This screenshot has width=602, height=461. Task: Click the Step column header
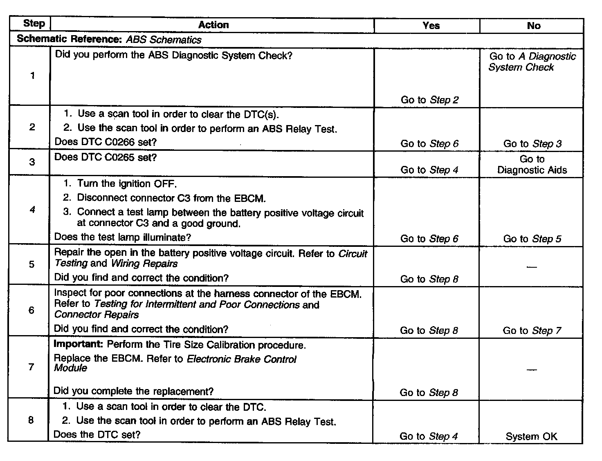[34, 23]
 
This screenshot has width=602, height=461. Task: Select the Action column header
[213, 25]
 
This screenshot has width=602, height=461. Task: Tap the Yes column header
[431, 26]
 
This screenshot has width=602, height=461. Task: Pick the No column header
[534, 26]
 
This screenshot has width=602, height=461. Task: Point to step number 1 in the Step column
[32, 76]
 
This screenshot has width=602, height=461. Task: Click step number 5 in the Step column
[31, 264]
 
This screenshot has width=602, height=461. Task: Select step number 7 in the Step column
[31, 367]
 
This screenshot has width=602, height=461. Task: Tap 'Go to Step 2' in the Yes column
[429, 100]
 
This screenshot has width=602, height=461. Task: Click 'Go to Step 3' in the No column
[532, 144]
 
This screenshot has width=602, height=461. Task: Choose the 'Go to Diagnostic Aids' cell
[532, 165]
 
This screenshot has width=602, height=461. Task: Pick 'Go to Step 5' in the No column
[532, 239]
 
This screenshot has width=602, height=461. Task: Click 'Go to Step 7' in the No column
[532, 331]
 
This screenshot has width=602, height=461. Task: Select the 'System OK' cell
[531, 437]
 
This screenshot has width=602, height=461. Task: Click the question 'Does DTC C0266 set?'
[106, 142]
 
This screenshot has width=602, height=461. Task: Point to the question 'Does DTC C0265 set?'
[106, 157]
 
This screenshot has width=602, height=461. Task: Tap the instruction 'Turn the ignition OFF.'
[127, 184]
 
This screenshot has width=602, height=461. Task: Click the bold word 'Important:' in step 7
[79, 345]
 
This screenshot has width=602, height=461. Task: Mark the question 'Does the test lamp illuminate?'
[123, 237]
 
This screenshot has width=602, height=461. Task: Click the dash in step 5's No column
[532, 267]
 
